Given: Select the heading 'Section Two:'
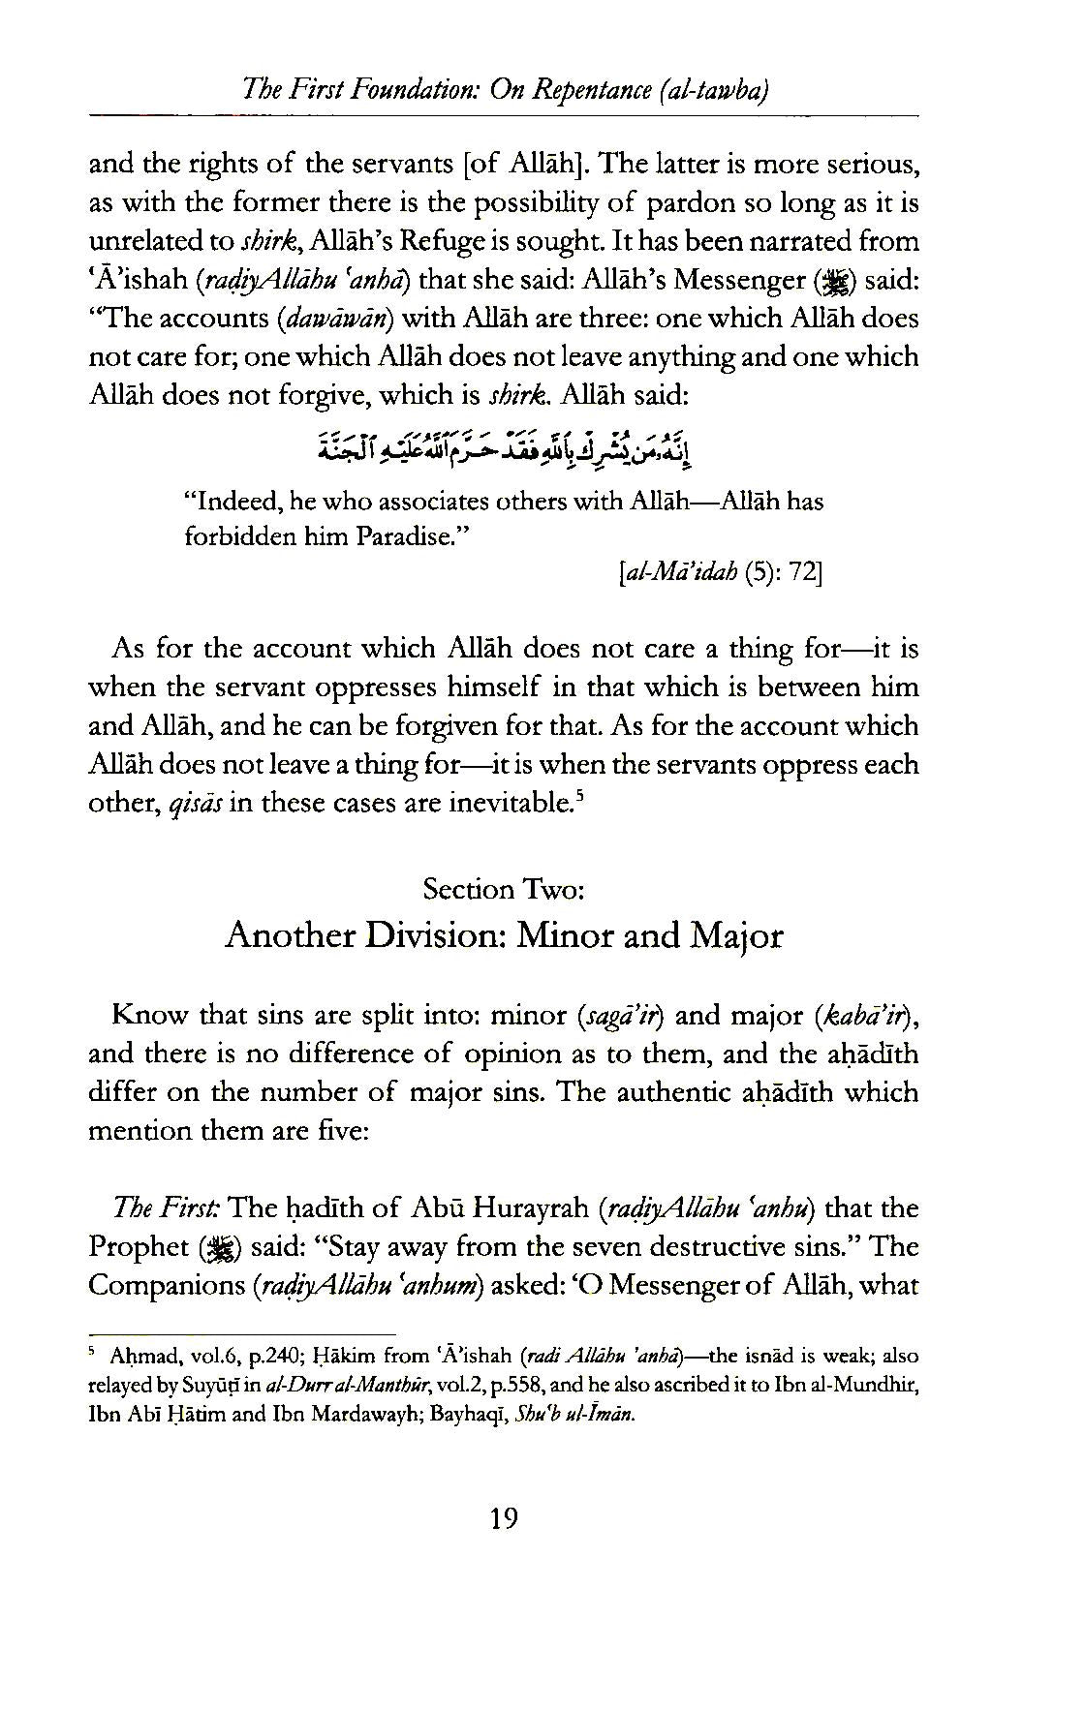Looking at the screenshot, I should click(x=503, y=889).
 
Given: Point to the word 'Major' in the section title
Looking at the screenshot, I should click(x=735, y=935).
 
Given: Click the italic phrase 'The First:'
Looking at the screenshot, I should click(x=168, y=1208).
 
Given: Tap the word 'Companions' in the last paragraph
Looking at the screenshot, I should click(x=166, y=1286).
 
